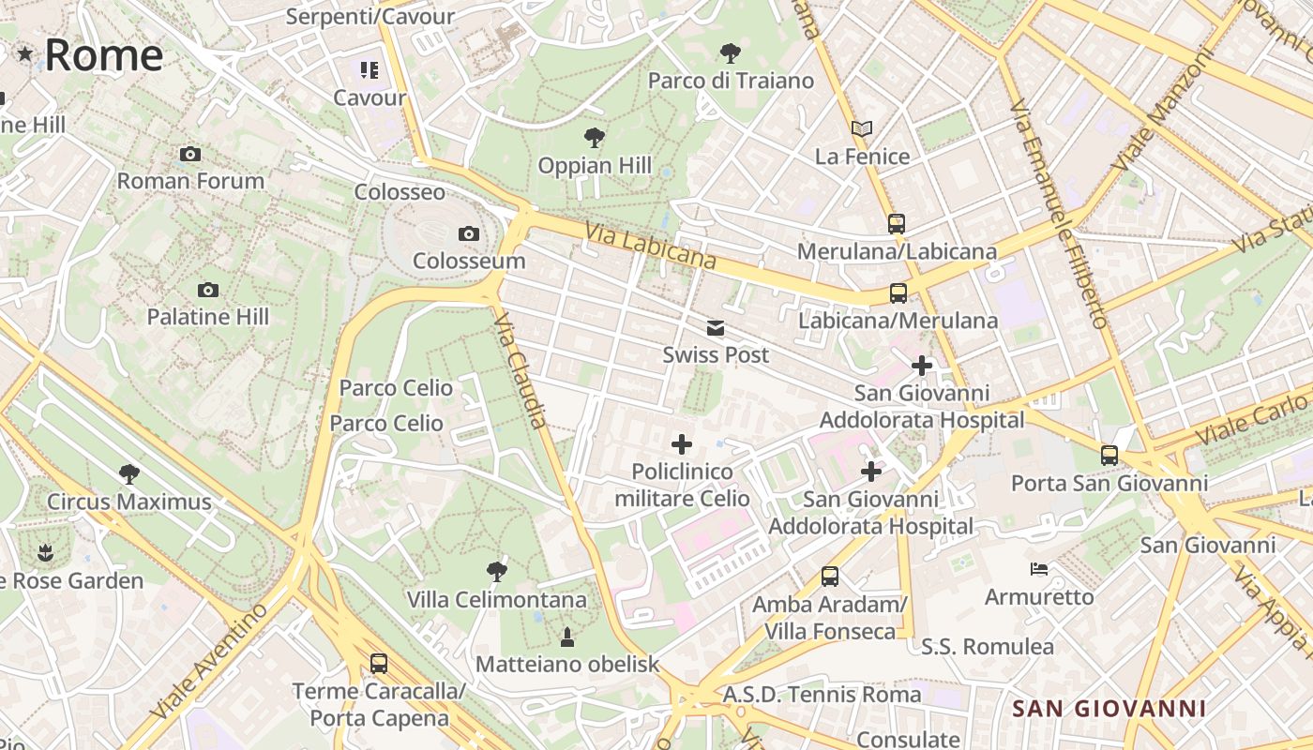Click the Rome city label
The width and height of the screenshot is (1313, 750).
click(x=103, y=55)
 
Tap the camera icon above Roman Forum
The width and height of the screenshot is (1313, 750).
click(x=190, y=154)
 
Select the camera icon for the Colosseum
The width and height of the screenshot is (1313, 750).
click(x=468, y=233)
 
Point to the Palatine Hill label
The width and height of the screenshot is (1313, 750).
click(x=207, y=317)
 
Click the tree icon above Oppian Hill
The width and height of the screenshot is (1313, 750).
click(x=594, y=139)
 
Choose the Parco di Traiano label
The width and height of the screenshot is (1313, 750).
click(x=731, y=81)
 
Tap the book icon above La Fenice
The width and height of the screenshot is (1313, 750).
click(x=862, y=128)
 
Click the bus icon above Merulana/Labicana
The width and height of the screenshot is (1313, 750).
click(x=897, y=224)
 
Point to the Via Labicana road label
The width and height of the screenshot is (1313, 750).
click(x=650, y=246)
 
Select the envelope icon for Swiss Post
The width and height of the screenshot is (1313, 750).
click(x=716, y=328)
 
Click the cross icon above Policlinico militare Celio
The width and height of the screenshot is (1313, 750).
click(x=682, y=444)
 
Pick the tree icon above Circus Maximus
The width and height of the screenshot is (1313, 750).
click(x=129, y=474)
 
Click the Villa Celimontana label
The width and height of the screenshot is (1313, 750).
click(x=496, y=599)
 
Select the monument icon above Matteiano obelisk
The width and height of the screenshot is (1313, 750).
click(x=566, y=637)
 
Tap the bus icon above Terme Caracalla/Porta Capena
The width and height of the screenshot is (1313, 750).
click(x=378, y=664)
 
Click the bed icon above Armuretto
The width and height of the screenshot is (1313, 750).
click(x=1038, y=569)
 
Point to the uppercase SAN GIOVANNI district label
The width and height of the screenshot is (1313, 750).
click(x=1109, y=708)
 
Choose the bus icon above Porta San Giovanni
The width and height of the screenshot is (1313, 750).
click(x=1109, y=456)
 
